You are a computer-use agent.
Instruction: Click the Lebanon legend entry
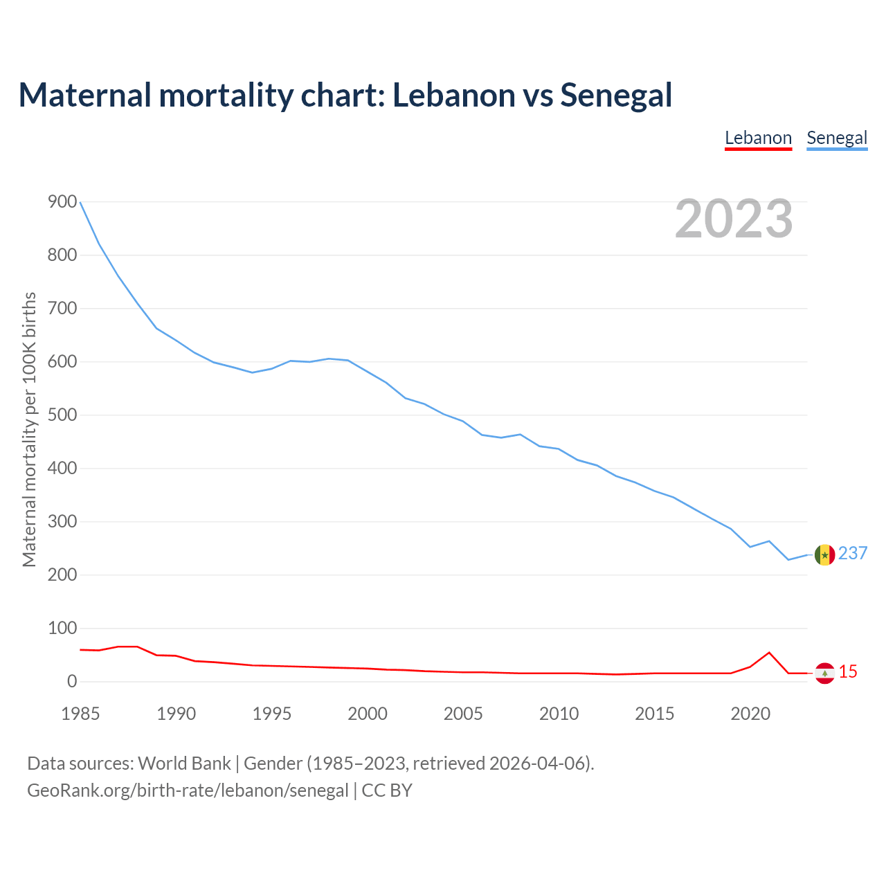758,138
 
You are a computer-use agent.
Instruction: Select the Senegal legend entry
837,138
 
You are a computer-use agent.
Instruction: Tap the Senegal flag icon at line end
824,554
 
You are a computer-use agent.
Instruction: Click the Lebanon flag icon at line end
824,673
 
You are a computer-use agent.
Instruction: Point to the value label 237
853,553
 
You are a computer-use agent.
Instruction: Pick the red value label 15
848,671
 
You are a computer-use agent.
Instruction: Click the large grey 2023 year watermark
734,219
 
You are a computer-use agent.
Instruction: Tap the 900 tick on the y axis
62,202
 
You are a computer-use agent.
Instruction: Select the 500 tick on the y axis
62,415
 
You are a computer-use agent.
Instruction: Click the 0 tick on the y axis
72,682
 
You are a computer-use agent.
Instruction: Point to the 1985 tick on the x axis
80,714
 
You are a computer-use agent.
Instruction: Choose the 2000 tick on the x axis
368,714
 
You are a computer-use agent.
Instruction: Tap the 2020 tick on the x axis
750,714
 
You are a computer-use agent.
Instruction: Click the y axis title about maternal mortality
29,429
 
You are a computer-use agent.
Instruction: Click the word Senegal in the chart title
616,95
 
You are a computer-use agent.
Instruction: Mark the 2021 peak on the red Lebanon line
769,652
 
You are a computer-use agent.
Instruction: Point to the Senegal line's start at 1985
80,202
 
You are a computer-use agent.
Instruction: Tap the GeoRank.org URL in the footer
188,790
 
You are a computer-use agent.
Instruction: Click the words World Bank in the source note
184,763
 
